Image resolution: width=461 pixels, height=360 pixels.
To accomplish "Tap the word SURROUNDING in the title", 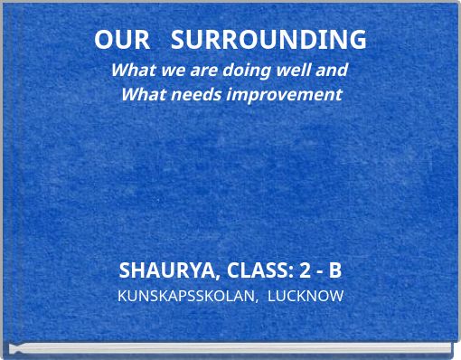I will [269, 40].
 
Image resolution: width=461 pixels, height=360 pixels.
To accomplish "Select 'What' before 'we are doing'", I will [130, 69].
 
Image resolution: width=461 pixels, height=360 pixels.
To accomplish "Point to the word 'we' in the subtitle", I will [166, 69].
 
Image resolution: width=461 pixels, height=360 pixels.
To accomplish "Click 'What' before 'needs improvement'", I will [140, 94].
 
